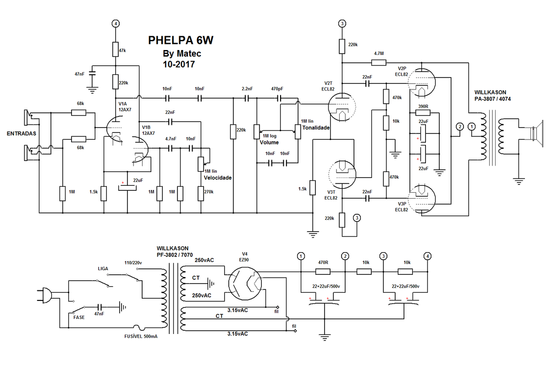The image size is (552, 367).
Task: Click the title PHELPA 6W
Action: (181, 40)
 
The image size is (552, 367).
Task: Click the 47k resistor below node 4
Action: (116, 50)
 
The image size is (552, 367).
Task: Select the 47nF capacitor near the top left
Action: (92, 73)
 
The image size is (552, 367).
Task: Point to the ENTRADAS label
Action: (22, 133)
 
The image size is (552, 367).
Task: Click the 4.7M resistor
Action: (379, 63)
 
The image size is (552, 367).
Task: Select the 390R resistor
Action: (423, 113)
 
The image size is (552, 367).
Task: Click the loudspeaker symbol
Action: (537, 134)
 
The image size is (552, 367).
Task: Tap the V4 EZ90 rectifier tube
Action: (245, 284)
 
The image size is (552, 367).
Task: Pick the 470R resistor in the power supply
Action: (323, 272)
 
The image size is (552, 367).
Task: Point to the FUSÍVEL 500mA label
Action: (141, 336)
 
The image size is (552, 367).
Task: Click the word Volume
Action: (269, 142)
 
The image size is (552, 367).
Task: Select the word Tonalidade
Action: (316, 128)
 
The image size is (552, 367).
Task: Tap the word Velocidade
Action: (218, 178)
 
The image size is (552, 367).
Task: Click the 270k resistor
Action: (201, 194)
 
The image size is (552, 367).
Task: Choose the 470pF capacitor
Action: (279, 99)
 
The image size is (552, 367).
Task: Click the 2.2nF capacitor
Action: (247, 99)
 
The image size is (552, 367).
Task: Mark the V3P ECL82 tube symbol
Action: (422, 199)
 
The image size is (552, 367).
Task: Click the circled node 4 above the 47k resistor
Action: (116, 24)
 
